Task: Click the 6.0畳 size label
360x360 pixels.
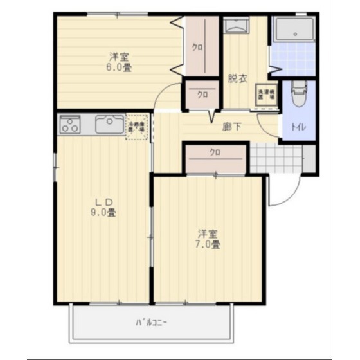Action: [x=116, y=66]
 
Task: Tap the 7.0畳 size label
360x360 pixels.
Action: [x=209, y=244]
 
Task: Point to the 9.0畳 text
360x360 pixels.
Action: [x=104, y=213]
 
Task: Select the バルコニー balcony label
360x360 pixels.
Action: [x=152, y=321]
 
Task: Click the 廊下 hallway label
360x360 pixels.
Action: [x=232, y=127]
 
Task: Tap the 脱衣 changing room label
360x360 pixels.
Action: [x=237, y=80]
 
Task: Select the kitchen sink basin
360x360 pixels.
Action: [x=110, y=123]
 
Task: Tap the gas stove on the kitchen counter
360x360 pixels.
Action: [x=70, y=124]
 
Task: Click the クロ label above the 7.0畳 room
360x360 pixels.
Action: [x=215, y=153]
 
